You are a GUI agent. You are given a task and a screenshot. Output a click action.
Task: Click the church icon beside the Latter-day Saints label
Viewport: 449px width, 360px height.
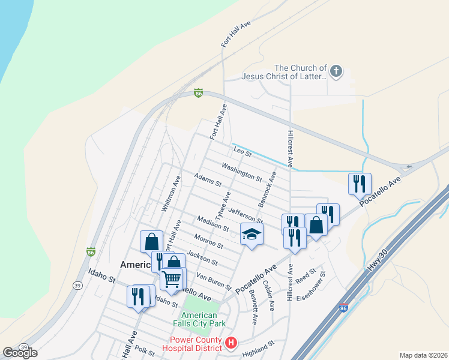(336, 73)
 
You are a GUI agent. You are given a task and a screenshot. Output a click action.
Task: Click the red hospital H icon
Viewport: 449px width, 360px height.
(232, 344)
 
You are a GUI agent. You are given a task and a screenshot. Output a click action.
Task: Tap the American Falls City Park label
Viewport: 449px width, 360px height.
(199, 320)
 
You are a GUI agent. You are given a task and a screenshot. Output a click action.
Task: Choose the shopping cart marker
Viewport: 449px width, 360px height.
(172, 278)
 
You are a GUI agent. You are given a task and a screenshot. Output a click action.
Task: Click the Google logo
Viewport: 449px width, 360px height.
(20, 353)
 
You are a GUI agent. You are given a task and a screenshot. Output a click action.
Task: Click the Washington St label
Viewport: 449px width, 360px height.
(241, 172)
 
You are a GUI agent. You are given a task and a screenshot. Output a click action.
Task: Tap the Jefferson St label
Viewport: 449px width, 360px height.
(246, 215)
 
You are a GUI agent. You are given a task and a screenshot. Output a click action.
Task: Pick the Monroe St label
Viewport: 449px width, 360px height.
(208, 241)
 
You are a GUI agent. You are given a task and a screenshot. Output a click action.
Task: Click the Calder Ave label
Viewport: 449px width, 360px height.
(268, 296)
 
